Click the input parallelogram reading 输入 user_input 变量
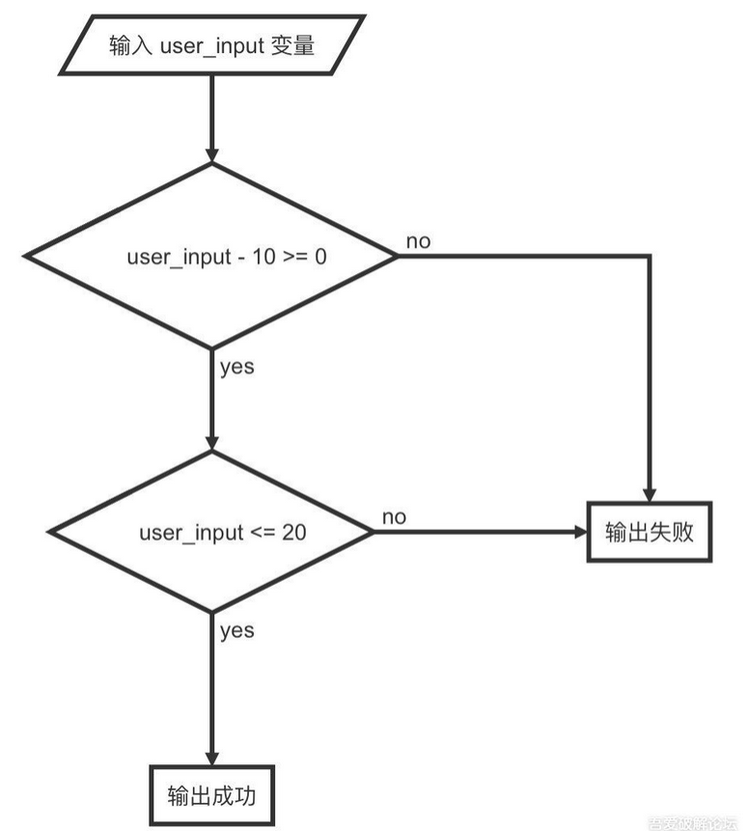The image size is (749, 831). (x=211, y=45)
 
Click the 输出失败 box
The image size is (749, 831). (x=650, y=532)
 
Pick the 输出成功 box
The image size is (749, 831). (x=211, y=796)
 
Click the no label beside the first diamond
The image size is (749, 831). (x=418, y=241)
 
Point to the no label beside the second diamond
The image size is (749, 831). (x=394, y=517)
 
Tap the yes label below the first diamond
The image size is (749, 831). (x=237, y=367)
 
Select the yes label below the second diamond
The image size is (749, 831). (x=237, y=631)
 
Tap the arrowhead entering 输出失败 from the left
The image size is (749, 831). (x=578, y=532)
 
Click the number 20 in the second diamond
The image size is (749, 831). (x=294, y=532)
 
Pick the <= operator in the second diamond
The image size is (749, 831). (x=263, y=532)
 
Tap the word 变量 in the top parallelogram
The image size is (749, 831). (x=297, y=45)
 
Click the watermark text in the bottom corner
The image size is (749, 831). (x=697, y=823)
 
